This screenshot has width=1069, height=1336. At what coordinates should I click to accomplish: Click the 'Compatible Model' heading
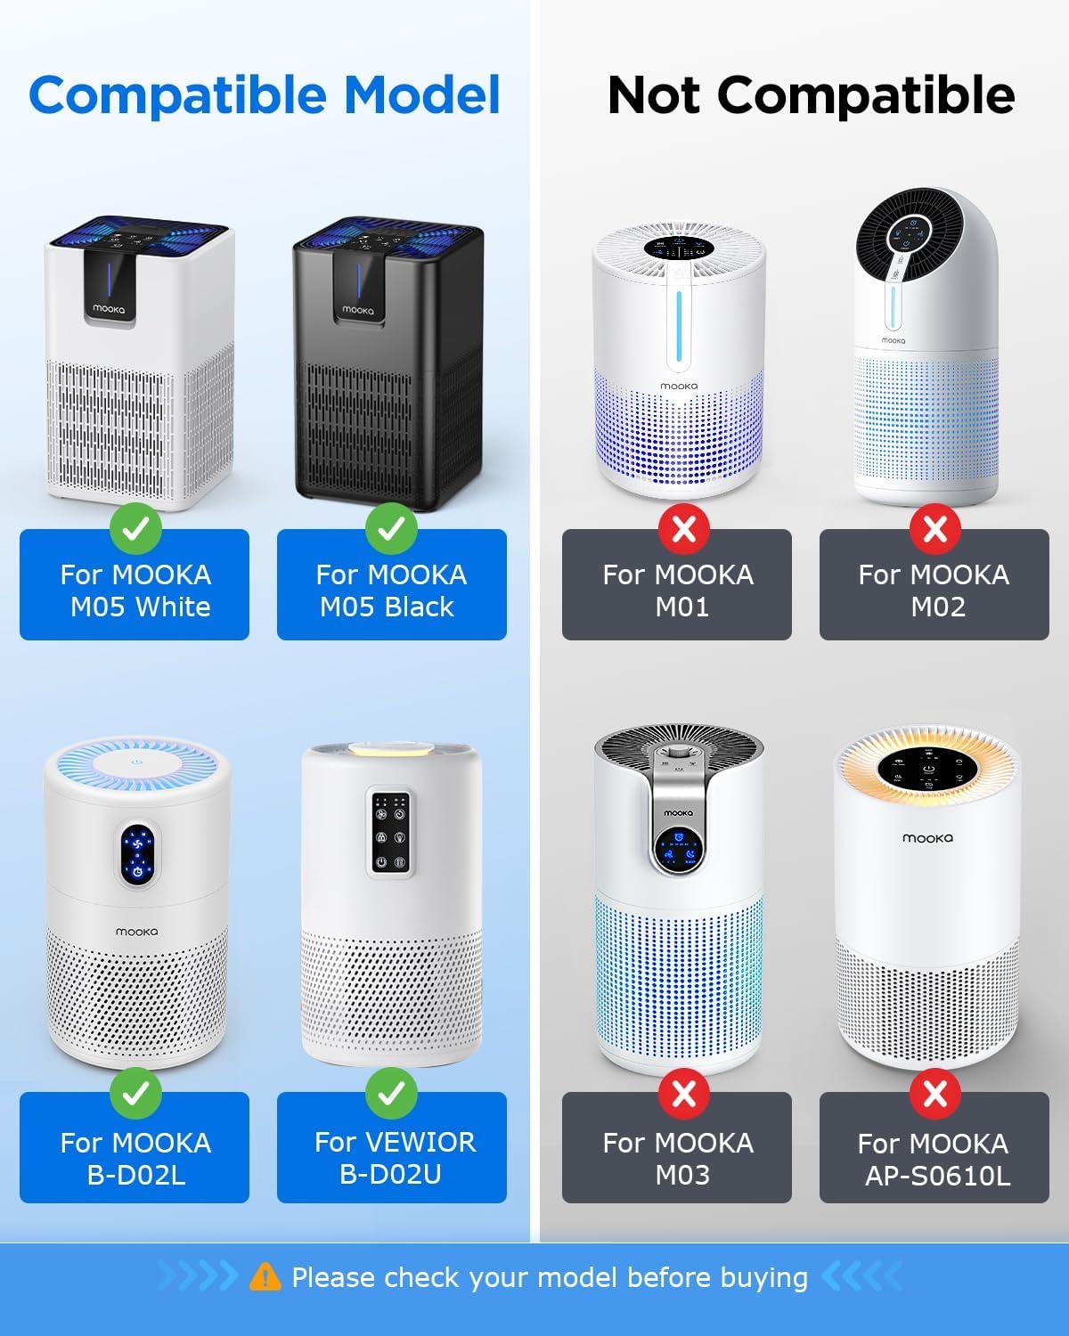pyautogui.click(x=265, y=95)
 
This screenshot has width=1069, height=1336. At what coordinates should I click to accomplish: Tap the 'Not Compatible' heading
pyautogui.click(x=812, y=95)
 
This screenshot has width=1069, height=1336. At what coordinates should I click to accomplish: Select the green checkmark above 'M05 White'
pyautogui.click(x=136, y=528)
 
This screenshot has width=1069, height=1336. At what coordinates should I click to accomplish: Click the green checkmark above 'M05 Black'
pyautogui.click(x=391, y=528)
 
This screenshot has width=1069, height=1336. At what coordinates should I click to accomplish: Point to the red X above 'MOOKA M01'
pyautogui.click(x=684, y=529)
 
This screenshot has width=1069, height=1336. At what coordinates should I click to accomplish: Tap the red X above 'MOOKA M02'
pyautogui.click(x=935, y=529)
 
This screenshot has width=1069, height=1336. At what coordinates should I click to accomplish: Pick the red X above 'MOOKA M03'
pyautogui.click(x=684, y=1094)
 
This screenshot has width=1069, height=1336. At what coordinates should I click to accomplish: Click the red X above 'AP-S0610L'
pyautogui.click(x=935, y=1094)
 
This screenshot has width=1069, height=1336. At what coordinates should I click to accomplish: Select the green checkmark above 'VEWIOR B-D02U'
pyautogui.click(x=391, y=1093)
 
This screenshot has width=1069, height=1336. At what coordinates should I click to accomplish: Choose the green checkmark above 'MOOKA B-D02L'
pyautogui.click(x=136, y=1093)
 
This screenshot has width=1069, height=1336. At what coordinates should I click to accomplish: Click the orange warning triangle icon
pyautogui.click(x=265, y=1277)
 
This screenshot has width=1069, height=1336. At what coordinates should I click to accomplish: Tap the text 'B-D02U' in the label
pyautogui.click(x=391, y=1174)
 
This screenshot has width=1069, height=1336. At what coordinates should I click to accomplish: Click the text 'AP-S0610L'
pyautogui.click(x=938, y=1175)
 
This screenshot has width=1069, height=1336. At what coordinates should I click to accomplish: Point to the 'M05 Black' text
pyautogui.click(x=387, y=607)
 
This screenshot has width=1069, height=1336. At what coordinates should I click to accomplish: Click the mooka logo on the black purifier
pyautogui.click(x=358, y=310)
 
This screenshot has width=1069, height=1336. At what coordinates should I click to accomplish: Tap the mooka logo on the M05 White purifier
pyautogui.click(x=109, y=308)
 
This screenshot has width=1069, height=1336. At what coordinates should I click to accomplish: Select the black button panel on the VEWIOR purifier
pyautogui.click(x=391, y=832)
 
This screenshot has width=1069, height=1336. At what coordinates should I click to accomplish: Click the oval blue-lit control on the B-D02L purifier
pyautogui.click(x=137, y=856)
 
